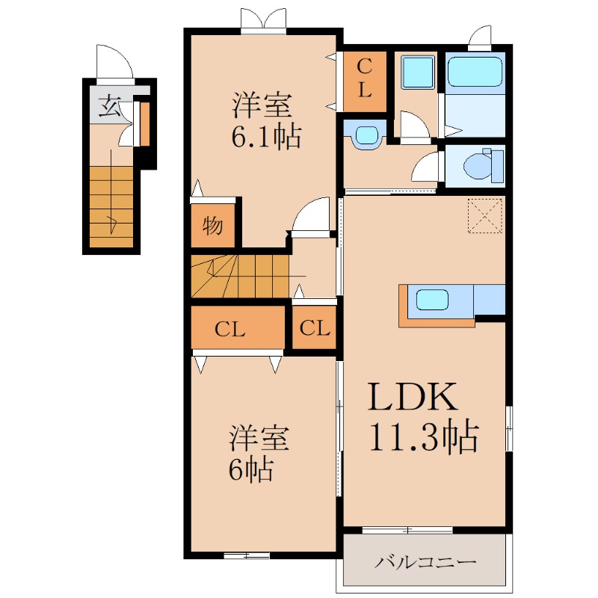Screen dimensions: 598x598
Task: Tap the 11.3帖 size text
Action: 424,436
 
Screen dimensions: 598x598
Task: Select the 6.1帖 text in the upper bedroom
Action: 266,136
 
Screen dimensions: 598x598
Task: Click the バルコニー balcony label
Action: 425,562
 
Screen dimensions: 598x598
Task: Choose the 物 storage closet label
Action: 212,226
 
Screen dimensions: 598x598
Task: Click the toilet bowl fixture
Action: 478,166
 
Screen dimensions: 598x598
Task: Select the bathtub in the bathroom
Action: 475,72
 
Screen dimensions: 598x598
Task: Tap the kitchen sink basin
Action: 432,300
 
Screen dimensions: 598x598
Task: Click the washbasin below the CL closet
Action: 366,135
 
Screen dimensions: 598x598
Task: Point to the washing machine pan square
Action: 418,72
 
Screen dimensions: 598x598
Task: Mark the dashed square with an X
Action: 484,215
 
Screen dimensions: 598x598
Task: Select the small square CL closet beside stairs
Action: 314,327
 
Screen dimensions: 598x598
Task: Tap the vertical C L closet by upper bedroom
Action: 365,81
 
